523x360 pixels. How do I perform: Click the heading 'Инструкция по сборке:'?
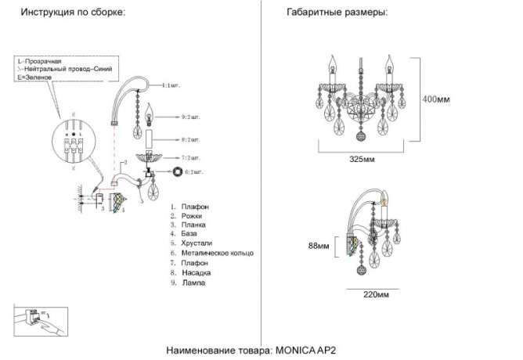71,13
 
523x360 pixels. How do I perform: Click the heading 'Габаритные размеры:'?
337,13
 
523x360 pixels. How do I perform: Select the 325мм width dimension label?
360,159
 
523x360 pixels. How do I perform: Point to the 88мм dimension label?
318,247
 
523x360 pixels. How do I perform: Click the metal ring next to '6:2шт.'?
178,171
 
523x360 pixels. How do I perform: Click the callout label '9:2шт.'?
191,117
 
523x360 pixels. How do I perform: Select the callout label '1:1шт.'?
171,83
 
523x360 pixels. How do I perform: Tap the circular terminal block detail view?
74,141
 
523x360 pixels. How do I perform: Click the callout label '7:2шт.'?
191,157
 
